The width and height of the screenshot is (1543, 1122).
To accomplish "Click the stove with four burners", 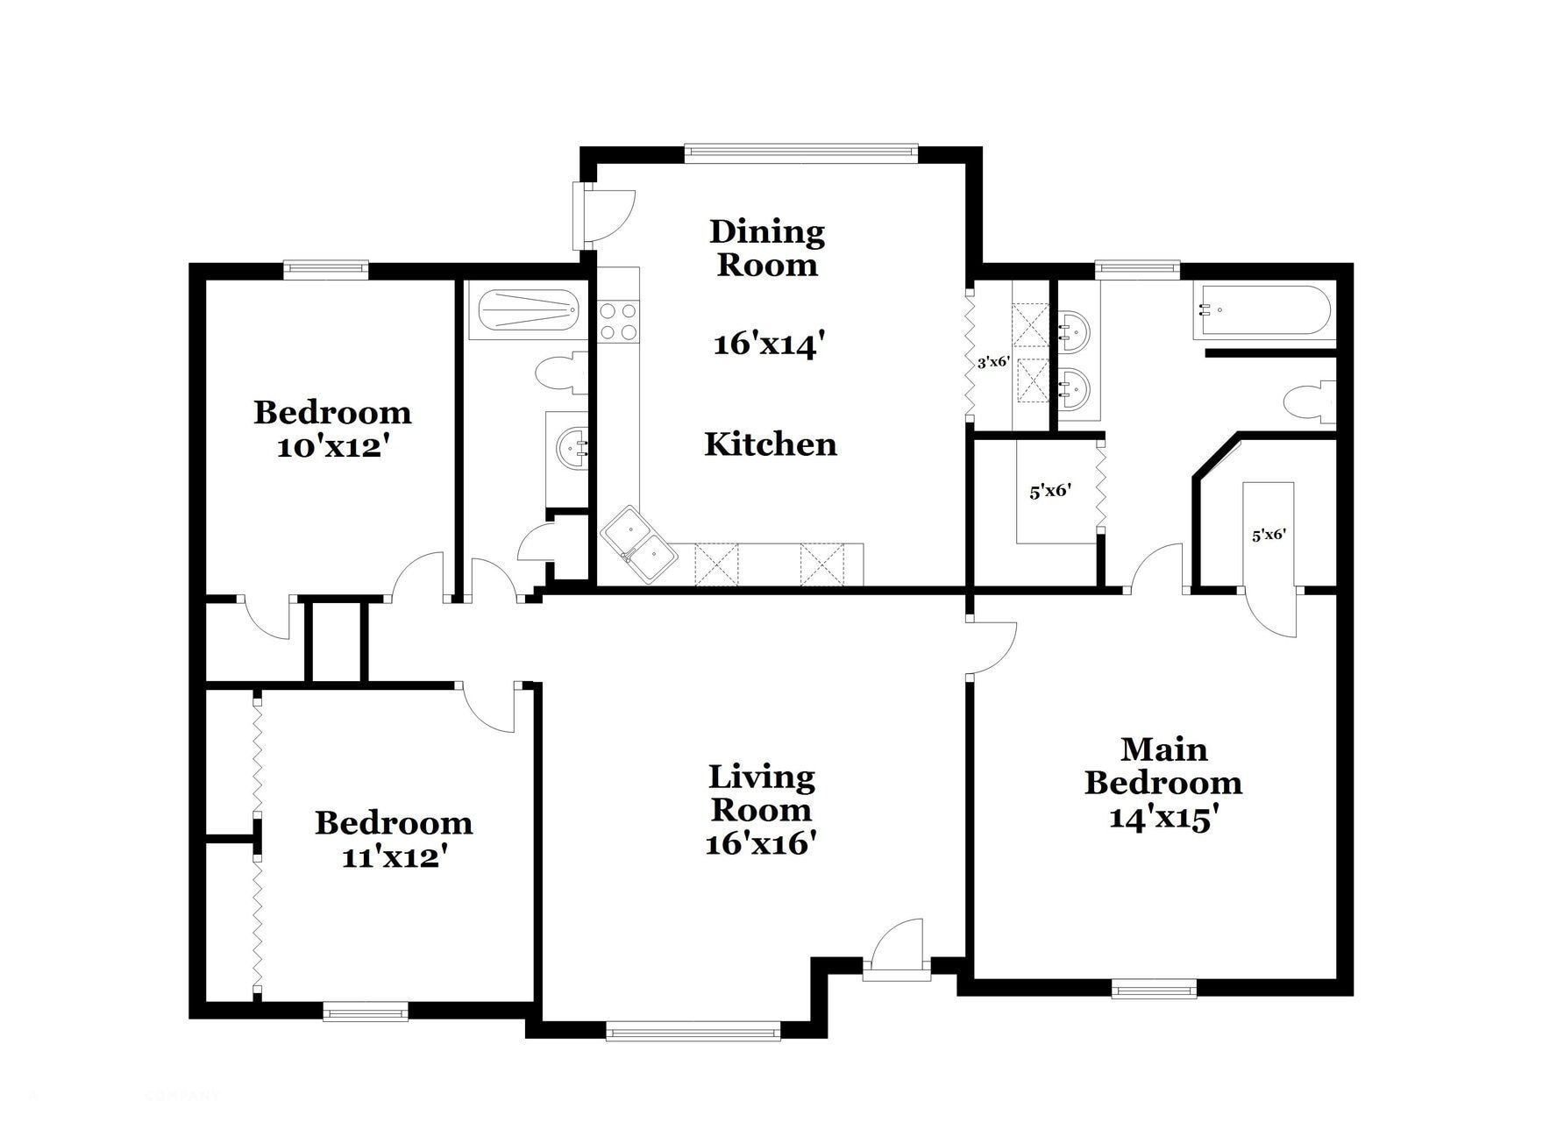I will (x=618, y=321).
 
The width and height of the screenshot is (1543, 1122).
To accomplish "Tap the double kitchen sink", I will (x=638, y=543).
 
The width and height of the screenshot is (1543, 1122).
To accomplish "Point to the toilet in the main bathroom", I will (x=1309, y=403).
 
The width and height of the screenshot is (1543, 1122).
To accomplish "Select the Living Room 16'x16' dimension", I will (x=761, y=843).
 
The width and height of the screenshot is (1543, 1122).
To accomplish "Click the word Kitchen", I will (x=770, y=444).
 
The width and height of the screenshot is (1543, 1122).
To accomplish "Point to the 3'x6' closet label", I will (x=993, y=361).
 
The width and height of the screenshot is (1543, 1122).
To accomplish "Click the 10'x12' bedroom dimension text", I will (x=332, y=447).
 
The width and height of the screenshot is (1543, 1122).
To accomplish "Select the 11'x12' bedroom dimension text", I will (x=394, y=856).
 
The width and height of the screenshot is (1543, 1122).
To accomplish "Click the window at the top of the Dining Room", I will (x=800, y=153).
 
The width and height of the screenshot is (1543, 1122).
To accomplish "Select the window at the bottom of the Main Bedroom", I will (x=1154, y=990).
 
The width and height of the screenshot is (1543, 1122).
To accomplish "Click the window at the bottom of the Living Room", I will (x=693, y=1032).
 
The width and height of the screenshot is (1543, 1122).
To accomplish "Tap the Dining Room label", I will (x=767, y=248).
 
